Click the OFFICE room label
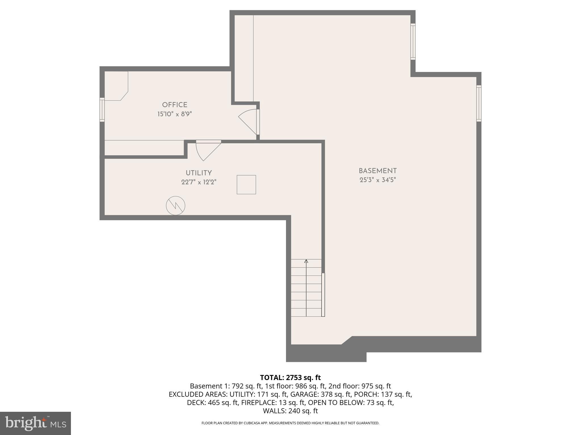pyautogui.click(x=174, y=105)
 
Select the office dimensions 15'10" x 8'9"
pyautogui.click(x=174, y=114)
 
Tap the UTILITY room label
pyautogui.click(x=199, y=173)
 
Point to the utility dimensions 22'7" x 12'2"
pyautogui.click(x=199, y=182)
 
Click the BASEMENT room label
pyautogui.click(x=378, y=171)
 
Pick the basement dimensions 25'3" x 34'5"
pyautogui.click(x=378, y=180)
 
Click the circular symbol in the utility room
pyautogui.click(x=176, y=206)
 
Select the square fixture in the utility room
pyautogui.click(x=246, y=185)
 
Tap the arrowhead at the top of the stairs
pyautogui.click(x=306, y=261)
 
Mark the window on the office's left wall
pyautogui.click(x=102, y=110)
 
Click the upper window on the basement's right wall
pyautogui.click(x=413, y=42)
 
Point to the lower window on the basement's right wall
pyautogui.click(x=479, y=103)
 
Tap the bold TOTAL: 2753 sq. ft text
pyautogui.click(x=290, y=378)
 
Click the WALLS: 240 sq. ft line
pyautogui.click(x=290, y=411)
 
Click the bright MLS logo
pyautogui.click(x=35, y=423)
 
